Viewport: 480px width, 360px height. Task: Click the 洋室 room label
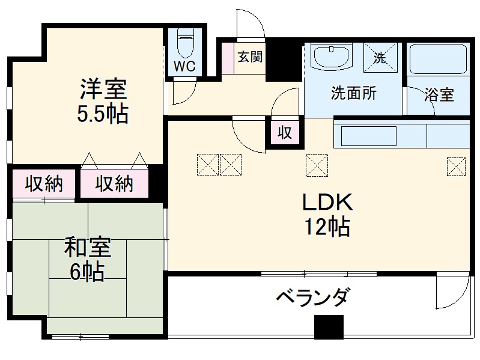(x=103, y=88)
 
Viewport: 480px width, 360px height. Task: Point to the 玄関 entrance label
(x=250, y=58)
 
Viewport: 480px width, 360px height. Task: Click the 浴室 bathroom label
(x=439, y=95)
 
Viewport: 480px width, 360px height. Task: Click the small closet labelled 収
(x=285, y=133)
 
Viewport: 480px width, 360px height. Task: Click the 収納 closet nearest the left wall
(x=44, y=185)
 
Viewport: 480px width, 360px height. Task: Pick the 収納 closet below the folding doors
(x=114, y=185)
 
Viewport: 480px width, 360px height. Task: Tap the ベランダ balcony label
(x=312, y=297)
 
